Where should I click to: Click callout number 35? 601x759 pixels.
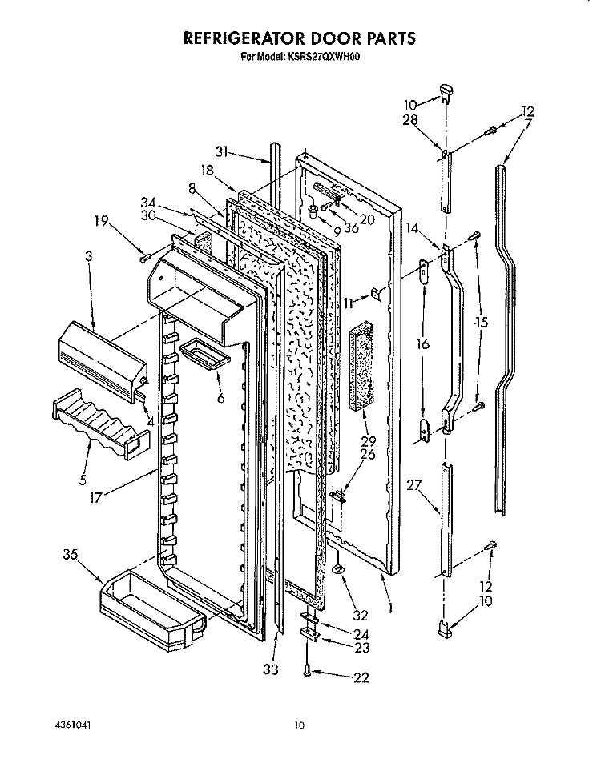(x=71, y=555)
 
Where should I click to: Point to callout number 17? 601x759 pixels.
(x=96, y=497)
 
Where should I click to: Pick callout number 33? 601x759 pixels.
(x=271, y=669)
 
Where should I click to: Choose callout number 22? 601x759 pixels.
(x=361, y=677)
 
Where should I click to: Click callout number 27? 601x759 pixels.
(x=414, y=484)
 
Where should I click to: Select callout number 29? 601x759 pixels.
(x=369, y=441)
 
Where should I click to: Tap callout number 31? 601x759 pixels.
(x=222, y=152)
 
